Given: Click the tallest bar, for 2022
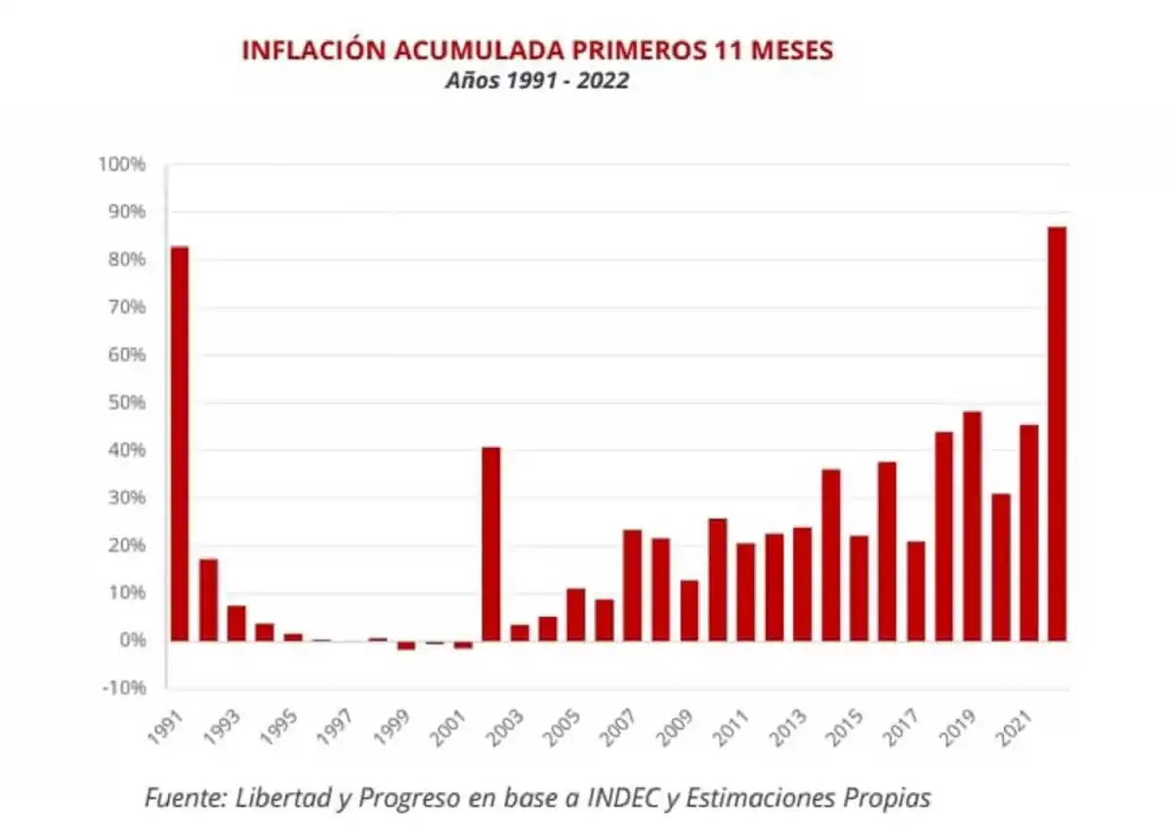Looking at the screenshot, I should coord(1057,434).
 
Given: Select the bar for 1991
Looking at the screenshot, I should coord(180,443).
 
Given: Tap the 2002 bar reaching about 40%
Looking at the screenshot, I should coord(491,544).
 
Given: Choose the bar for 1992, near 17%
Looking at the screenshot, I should coord(208,600).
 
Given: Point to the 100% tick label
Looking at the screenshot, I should coord(122,164).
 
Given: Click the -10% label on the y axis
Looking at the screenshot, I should coord(123,687).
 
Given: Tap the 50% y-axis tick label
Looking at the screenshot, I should coord(126,402).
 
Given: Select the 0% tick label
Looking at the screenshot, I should coord(130,640).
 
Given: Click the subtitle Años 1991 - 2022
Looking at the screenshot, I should coord(536,81).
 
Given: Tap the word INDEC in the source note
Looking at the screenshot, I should coord(622,798).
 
